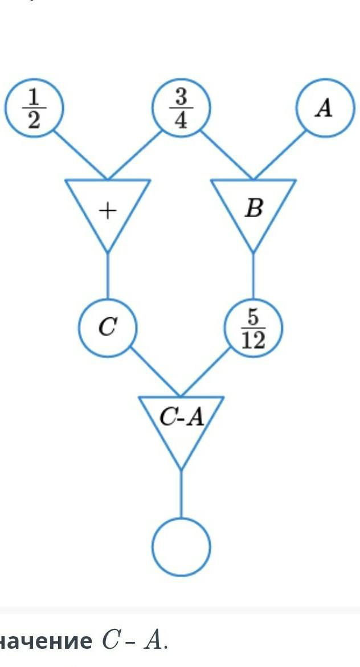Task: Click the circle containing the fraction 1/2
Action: click(x=34, y=108)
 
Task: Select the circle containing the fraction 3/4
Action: click(x=181, y=107)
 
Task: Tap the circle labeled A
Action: click(x=324, y=108)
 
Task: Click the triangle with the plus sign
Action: click(x=108, y=208)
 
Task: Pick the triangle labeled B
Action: click(x=253, y=208)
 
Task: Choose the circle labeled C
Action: click(x=108, y=328)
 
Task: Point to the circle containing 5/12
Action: click(x=253, y=328)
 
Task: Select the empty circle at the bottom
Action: click(x=181, y=547)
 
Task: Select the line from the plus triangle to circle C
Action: click(x=108, y=276)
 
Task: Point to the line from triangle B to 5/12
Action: click(x=253, y=276)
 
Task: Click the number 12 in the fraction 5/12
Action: click(x=253, y=341)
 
